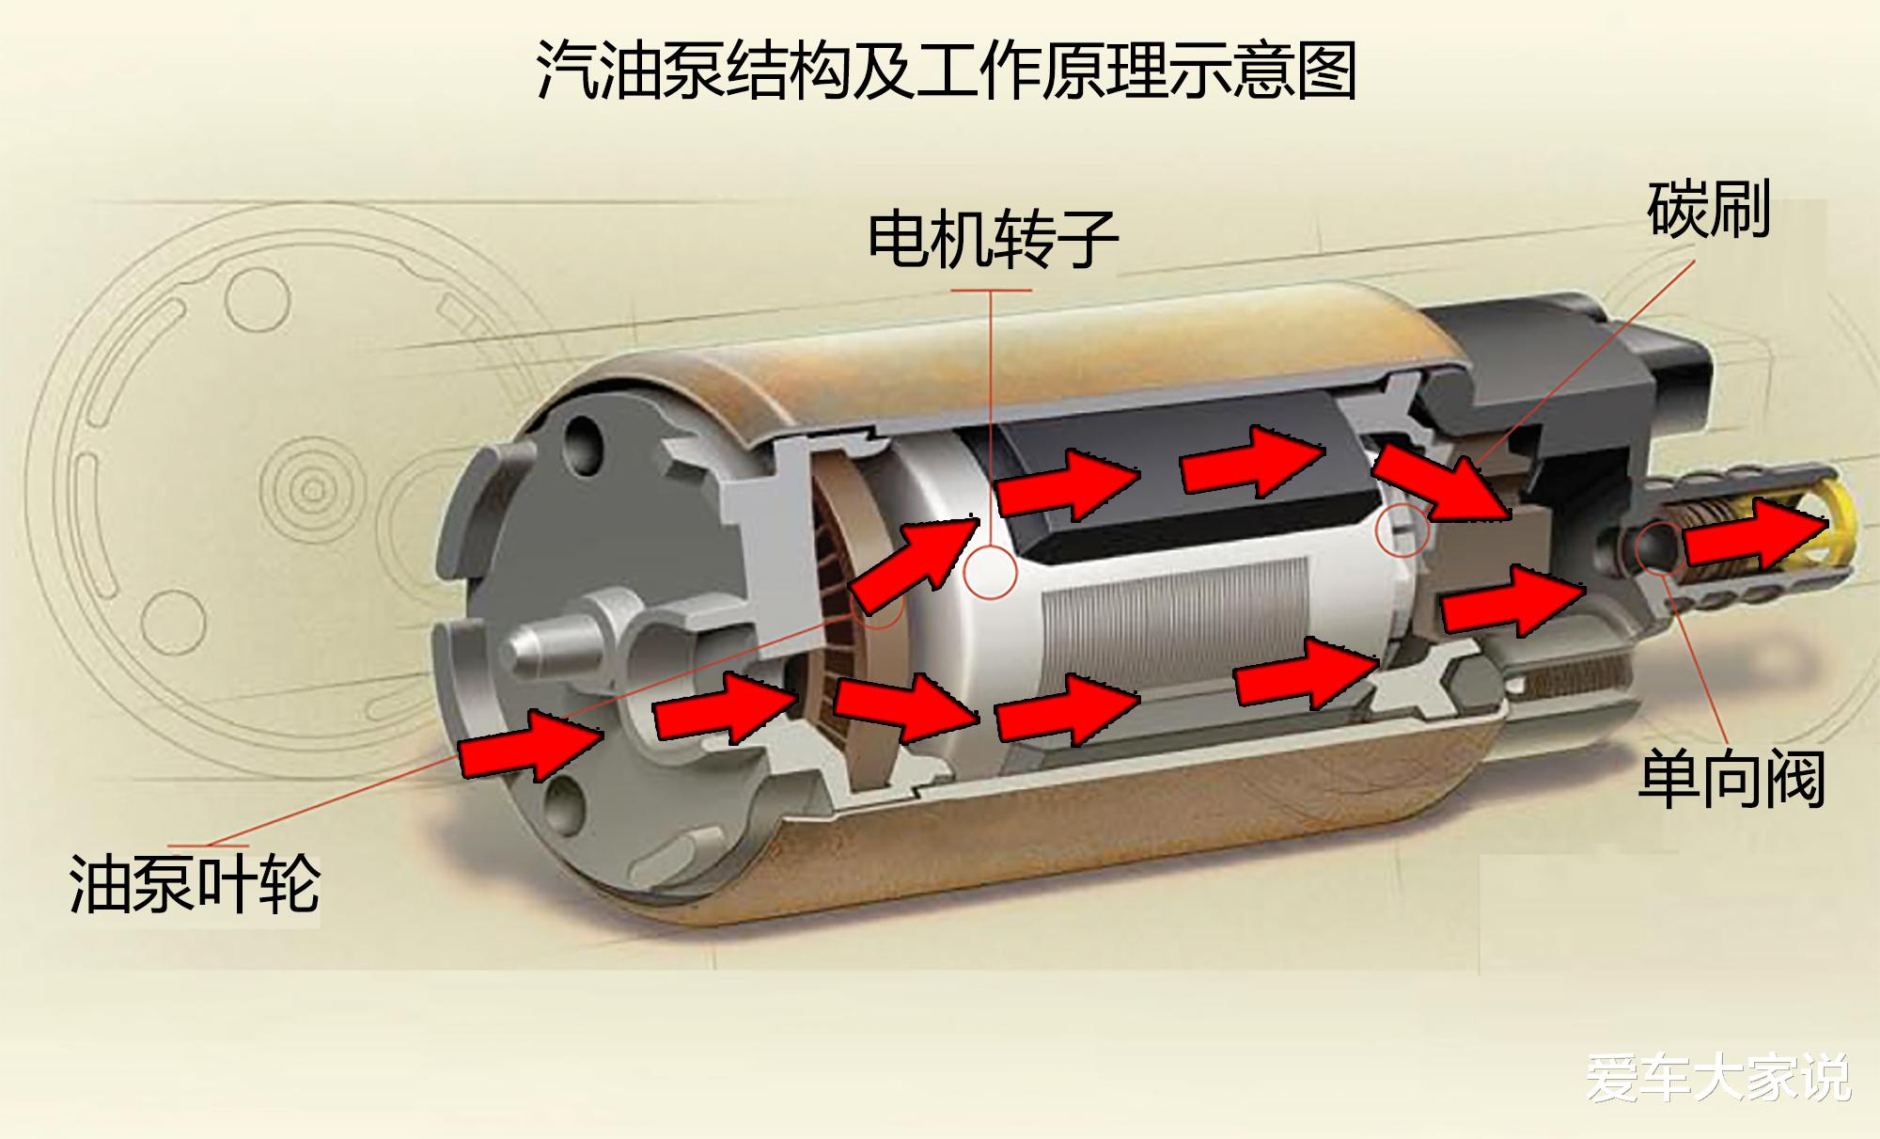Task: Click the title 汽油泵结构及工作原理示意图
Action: tap(947, 70)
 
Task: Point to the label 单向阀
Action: tap(1731, 779)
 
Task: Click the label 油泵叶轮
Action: tap(195, 884)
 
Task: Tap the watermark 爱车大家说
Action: tap(1719, 1078)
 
